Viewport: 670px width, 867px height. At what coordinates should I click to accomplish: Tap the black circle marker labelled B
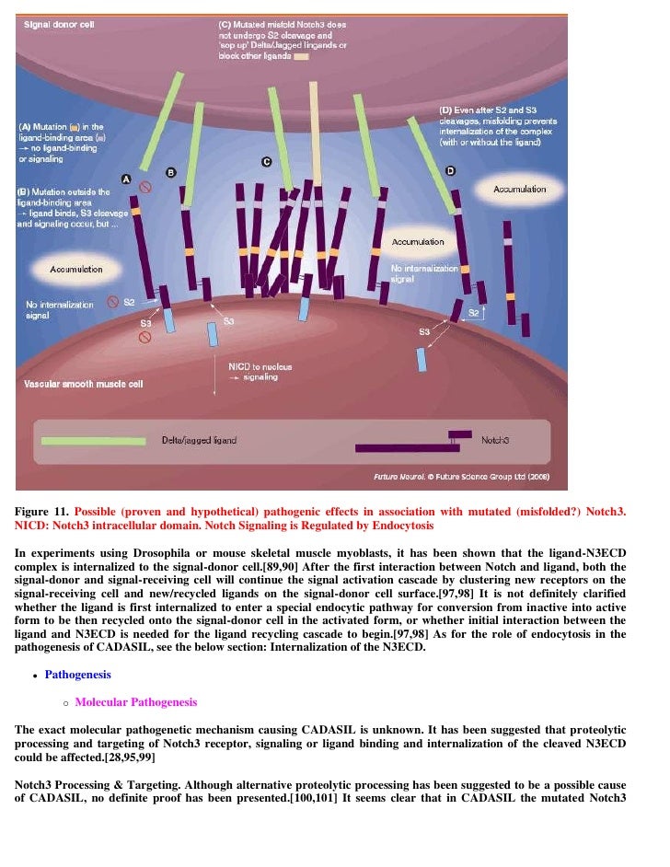tap(170, 172)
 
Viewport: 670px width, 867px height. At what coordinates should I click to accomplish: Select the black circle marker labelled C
tap(266, 162)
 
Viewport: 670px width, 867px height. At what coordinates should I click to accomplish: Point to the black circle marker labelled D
tap(450, 171)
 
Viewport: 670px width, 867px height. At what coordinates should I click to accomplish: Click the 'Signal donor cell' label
tap(59, 24)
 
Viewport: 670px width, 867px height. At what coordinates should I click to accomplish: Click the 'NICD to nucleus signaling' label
tap(260, 371)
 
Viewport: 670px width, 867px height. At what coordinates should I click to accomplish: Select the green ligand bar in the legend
tap(93, 441)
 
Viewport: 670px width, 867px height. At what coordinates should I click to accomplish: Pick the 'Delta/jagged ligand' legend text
tap(199, 441)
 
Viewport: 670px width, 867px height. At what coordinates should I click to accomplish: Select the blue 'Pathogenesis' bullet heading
tap(77, 675)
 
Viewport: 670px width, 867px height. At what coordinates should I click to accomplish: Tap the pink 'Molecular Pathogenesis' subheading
tap(135, 702)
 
